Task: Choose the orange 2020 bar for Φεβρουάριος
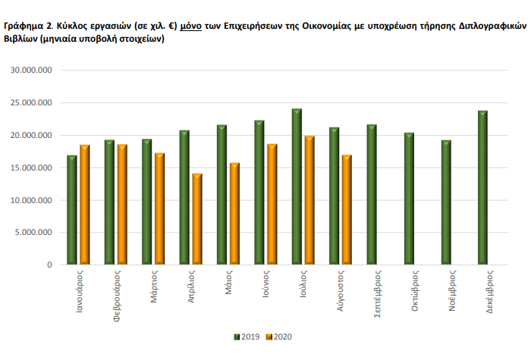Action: point(122,204)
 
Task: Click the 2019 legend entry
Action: point(247,337)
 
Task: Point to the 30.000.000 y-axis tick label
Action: point(31,70)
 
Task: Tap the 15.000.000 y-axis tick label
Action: point(31,168)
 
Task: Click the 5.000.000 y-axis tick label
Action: point(33,233)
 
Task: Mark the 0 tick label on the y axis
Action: point(49,265)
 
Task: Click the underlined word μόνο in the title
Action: point(190,25)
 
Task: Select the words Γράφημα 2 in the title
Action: point(26,25)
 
